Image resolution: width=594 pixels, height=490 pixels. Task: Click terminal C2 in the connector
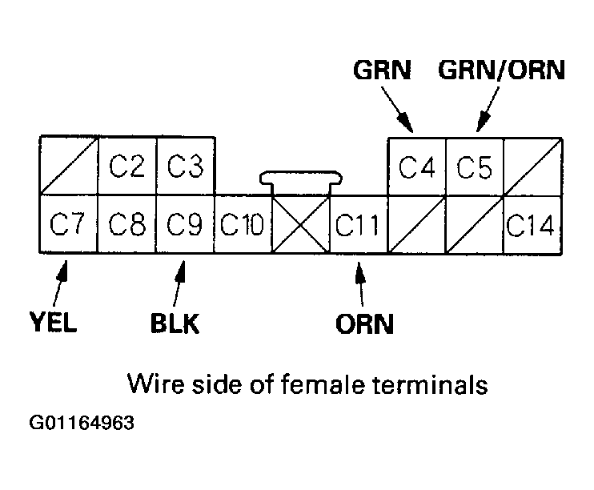tap(126, 166)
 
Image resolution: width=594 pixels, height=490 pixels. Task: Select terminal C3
tap(184, 166)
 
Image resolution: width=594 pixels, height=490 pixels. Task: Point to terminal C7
tap(68, 224)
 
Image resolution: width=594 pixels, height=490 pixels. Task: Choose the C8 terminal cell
tap(126, 224)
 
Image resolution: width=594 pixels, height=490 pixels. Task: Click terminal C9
tap(184, 224)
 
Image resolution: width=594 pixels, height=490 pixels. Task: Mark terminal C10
tap(243, 224)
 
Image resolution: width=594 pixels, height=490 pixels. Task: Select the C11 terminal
tap(358, 224)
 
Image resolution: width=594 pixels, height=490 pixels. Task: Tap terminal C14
tap(532, 224)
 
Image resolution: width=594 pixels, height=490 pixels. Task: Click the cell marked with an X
tap(300, 225)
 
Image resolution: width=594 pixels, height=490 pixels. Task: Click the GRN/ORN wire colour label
tap(501, 70)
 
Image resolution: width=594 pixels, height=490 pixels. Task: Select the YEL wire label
tap(53, 324)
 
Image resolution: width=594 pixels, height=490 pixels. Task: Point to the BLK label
tap(174, 324)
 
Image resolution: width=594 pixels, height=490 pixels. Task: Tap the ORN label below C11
tap(364, 324)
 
